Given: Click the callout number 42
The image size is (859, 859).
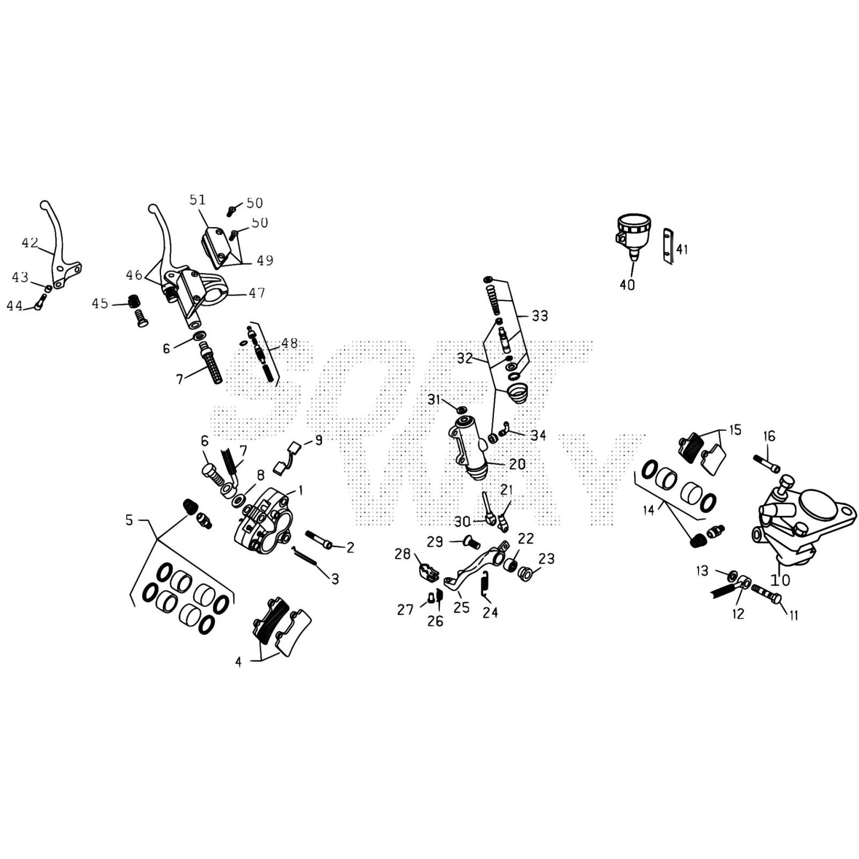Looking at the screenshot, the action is coord(30,243).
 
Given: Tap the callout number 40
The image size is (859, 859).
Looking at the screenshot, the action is coord(627,285).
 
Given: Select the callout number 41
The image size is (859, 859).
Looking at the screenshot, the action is coord(682,249).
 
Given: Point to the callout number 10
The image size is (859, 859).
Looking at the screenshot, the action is coord(781,580).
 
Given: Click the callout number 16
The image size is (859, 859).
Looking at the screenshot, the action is coord(769,436).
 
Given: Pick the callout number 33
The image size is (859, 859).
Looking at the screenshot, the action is coord(540,316).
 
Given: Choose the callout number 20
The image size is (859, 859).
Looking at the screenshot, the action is coord(517,464).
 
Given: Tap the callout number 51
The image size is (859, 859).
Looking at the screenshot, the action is coord(198,200).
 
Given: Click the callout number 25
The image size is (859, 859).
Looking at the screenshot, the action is coord(461,607).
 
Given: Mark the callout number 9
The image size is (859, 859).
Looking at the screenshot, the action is coord(319,441).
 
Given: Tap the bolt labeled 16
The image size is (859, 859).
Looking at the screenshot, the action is coord(767,463).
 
